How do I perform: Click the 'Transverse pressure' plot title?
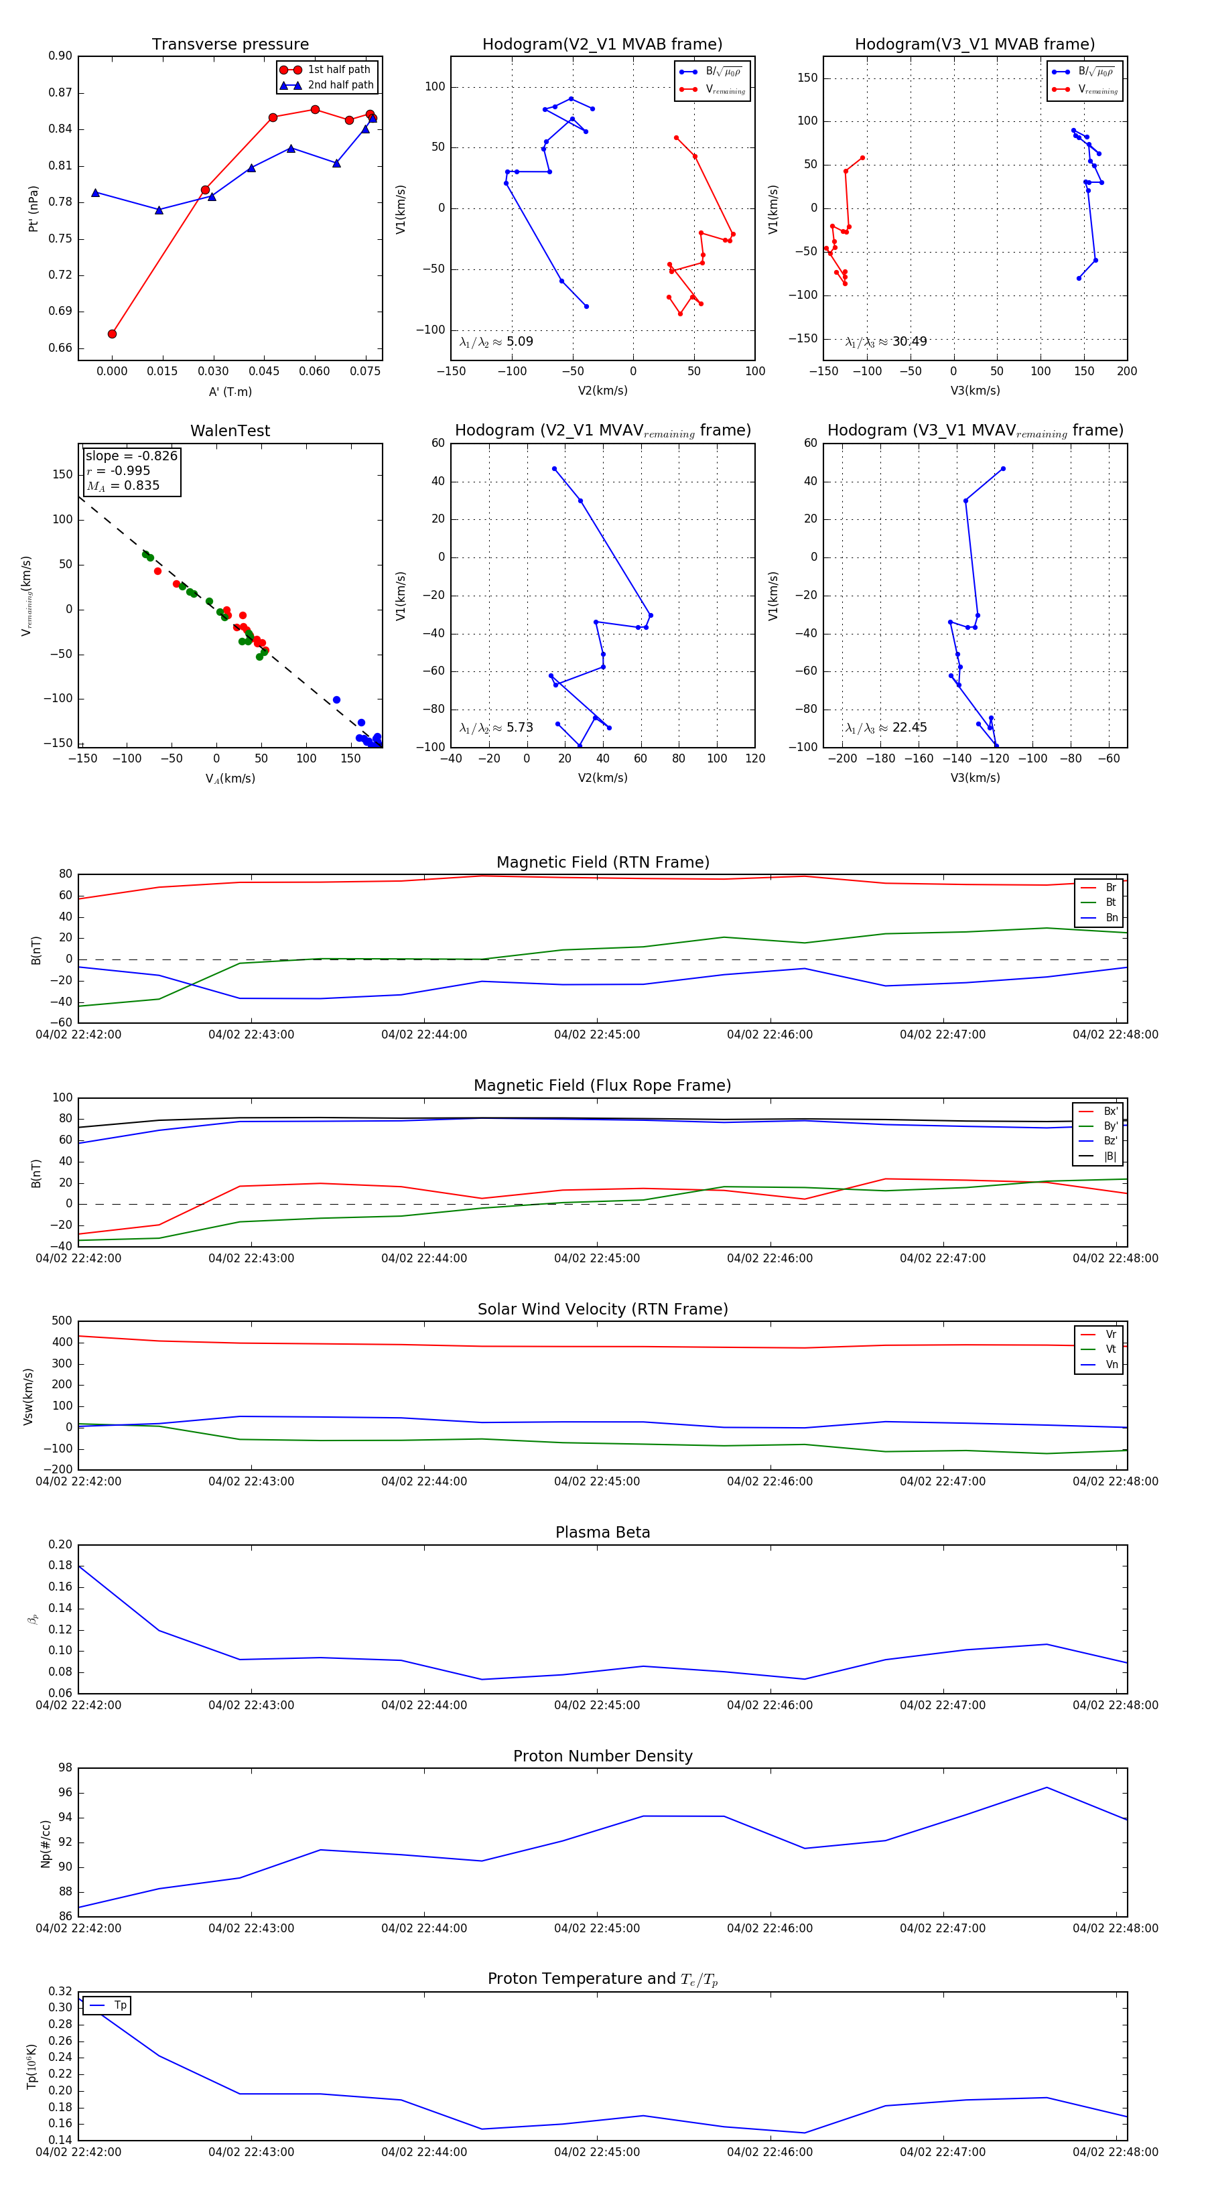click(x=230, y=45)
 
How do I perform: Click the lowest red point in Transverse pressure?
click(x=113, y=334)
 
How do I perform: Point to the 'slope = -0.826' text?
click(x=131, y=456)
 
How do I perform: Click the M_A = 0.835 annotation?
click(x=123, y=486)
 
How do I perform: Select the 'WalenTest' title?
click(x=230, y=431)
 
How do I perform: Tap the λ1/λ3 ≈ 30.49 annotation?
click(x=886, y=342)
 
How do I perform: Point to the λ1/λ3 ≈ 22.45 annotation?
click(x=886, y=728)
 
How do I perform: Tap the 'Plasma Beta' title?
click(x=602, y=1532)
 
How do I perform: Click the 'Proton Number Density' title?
click(x=602, y=1756)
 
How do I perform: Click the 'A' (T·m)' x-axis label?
click(x=230, y=391)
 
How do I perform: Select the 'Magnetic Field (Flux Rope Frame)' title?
click(x=602, y=1086)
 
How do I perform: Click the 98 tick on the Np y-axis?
click(x=65, y=1768)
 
